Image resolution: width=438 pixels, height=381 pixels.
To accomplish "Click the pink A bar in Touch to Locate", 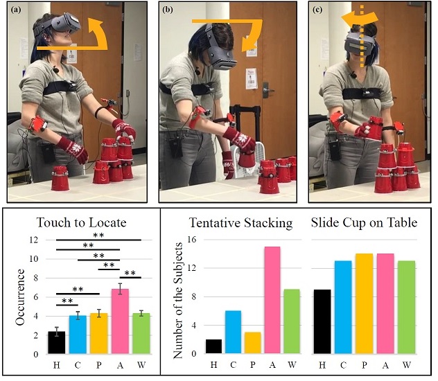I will (x=120, y=321).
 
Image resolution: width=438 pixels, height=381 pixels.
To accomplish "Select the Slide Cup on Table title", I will (x=362, y=222).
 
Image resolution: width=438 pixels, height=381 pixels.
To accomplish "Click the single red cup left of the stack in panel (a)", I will (x=60, y=179).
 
